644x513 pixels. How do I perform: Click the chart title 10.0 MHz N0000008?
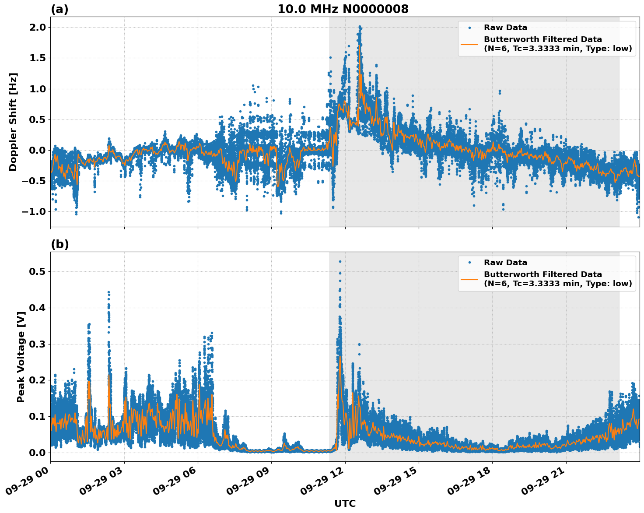(x=343, y=9)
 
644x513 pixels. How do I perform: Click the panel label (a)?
(x=59, y=9)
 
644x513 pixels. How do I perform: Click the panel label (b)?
(x=59, y=244)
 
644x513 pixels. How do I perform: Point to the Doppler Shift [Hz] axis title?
(x=13, y=122)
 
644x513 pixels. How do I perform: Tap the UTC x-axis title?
(x=345, y=503)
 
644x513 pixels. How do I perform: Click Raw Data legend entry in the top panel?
(x=505, y=28)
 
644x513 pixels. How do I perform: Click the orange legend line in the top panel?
(x=469, y=44)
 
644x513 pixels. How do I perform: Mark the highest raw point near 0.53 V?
(x=340, y=262)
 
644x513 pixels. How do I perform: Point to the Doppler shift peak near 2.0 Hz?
(x=360, y=27)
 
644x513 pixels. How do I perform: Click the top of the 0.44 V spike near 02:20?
(x=108, y=292)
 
